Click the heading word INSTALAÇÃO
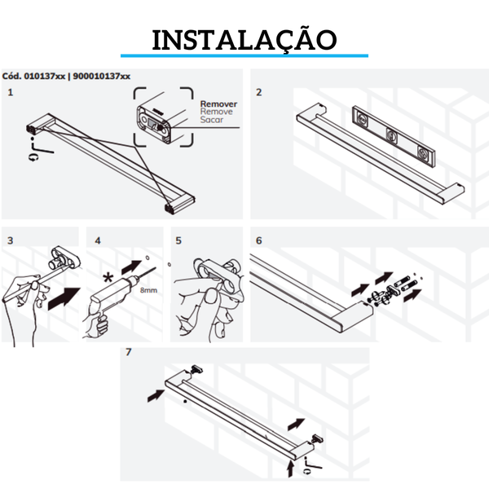pos(244,40)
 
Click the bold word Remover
pos(218,104)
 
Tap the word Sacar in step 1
pos(212,120)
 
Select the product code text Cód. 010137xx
pos(33,76)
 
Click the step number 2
pos(259,92)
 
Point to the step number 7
pos(129,352)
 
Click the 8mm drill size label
pos(148,290)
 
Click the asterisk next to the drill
pos(108,277)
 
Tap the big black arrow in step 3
pos(64,299)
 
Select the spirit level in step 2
pos(394,135)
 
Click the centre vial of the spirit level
pos(391,134)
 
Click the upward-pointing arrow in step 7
pos(291,469)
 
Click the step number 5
pos(178,240)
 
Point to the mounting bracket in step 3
pos(64,259)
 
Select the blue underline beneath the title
pos(244,55)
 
